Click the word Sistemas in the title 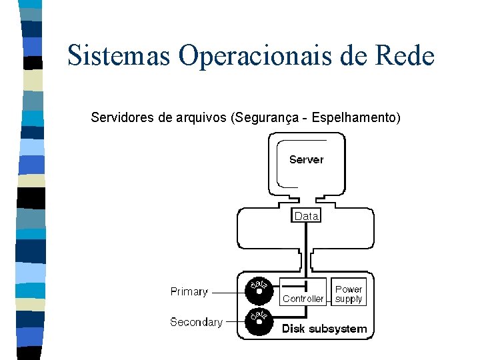(119, 55)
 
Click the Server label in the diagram (307, 159)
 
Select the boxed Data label (307, 216)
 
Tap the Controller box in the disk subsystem (303, 298)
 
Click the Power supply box (349, 294)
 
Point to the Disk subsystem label (324, 329)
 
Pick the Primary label (189, 291)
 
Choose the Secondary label (196, 322)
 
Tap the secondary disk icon (259, 321)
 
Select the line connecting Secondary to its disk (235, 322)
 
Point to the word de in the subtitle (165, 119)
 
